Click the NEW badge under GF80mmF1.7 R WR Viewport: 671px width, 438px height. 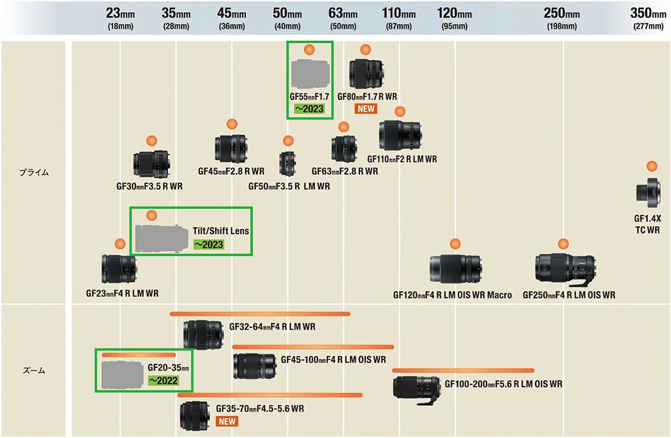pyautogui.click(x=365, y=108)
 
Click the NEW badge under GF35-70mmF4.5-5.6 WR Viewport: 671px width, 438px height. pyautogui.click(x=227, y=421)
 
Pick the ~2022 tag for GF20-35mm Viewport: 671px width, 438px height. pyautogui.click(x=163, y=380)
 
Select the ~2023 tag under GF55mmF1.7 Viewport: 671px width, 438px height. pyautogui.click(x=309, y=108)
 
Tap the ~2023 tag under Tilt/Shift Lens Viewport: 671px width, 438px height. pyautogui.click(x=208, y=244)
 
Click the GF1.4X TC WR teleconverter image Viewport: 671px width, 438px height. pyautogui.click(x=648, y=192)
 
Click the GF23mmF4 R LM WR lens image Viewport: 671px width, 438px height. pyautogui.click(x=120, y=269)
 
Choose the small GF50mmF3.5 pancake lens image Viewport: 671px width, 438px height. pyautogui.click(x=288, y=163)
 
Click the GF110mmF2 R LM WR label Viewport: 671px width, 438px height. pyautogui.click(x=402, y=159)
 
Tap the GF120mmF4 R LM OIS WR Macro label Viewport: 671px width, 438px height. pyautogui.click(x=452, y=295)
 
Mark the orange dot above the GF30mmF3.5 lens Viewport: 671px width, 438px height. pyautogui.click(x=151, y=141)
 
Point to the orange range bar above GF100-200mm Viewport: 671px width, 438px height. pyautogui.click(x=463, y=370)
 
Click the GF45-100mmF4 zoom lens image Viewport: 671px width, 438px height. pyautogui.click(x=254, y=366)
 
